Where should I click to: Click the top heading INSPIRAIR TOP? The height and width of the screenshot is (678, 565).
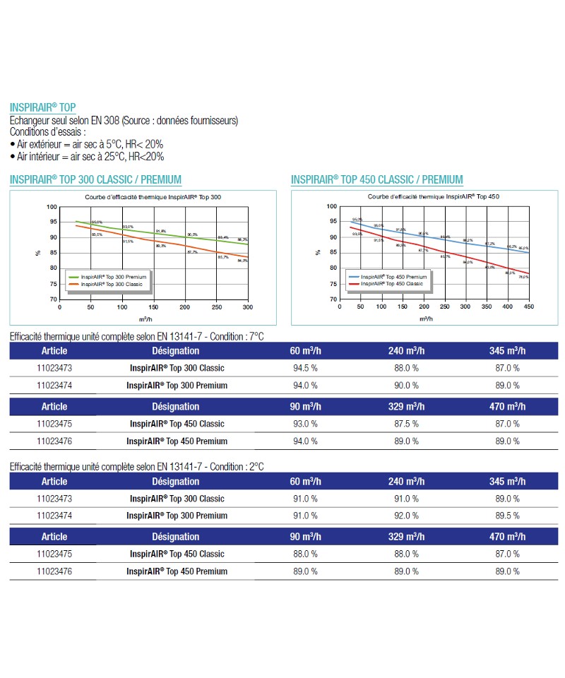coord(42,107)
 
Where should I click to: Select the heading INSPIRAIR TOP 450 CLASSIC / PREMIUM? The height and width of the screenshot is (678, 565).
coord(377,179)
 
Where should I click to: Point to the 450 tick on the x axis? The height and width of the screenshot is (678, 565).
coord(529,307)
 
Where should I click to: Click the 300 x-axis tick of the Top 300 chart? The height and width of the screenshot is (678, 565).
coord(248,307)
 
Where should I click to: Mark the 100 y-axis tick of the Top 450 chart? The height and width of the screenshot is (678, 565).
coord(332,206)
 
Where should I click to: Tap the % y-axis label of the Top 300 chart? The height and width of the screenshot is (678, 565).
coord(38,252)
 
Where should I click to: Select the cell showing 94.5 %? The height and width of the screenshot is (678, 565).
coord(304,368)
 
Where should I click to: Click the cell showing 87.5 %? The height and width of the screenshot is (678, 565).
coord(406,424)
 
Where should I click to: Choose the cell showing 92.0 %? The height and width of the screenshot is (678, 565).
coord(406,516)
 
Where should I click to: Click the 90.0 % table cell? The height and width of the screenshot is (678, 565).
coord(406,386)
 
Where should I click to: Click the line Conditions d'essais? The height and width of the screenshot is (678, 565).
coord(48,131)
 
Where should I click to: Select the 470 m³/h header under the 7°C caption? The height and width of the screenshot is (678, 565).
coord(507,406)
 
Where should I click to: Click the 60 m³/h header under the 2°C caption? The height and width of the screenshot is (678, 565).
coord(304,482)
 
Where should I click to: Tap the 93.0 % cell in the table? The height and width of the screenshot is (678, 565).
coord(304,424)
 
